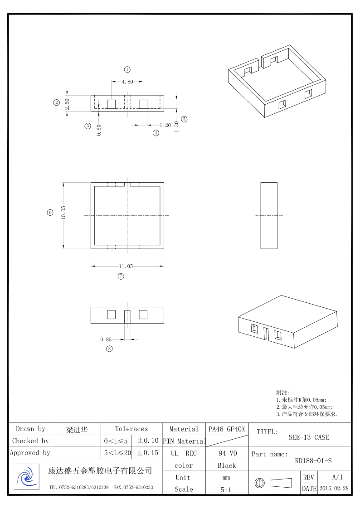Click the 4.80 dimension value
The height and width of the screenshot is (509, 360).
click(127, 82)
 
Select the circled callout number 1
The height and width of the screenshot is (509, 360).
click(127, 69)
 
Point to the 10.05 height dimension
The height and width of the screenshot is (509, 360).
click(63, 213)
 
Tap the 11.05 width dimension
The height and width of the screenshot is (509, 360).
click(126, 266)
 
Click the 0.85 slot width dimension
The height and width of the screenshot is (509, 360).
click(106, 339)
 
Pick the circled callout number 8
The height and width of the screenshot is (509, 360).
click(110, 349)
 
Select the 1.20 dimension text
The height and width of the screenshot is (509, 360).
click(165, 125)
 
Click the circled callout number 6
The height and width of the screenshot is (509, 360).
click(50, 213)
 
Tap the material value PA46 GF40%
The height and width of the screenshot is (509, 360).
click(227, 429)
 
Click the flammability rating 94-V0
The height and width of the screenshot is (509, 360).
click(227, 453)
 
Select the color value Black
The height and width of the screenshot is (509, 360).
click(227, 465)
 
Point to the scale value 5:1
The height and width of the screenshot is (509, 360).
click(226, 490)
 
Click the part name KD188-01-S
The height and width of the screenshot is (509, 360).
click(313, 461)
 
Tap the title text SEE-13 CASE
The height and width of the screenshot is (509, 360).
click(309, 437)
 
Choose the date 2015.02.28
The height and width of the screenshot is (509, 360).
click(334, 488)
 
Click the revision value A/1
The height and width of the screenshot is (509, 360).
click(337, 477)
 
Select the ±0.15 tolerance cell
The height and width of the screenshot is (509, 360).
click(148, 452)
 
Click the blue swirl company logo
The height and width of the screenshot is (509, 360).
click(26, 476)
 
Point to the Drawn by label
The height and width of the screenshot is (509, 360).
click(30, 429)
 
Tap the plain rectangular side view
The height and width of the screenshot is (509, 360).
click(269, 216)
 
